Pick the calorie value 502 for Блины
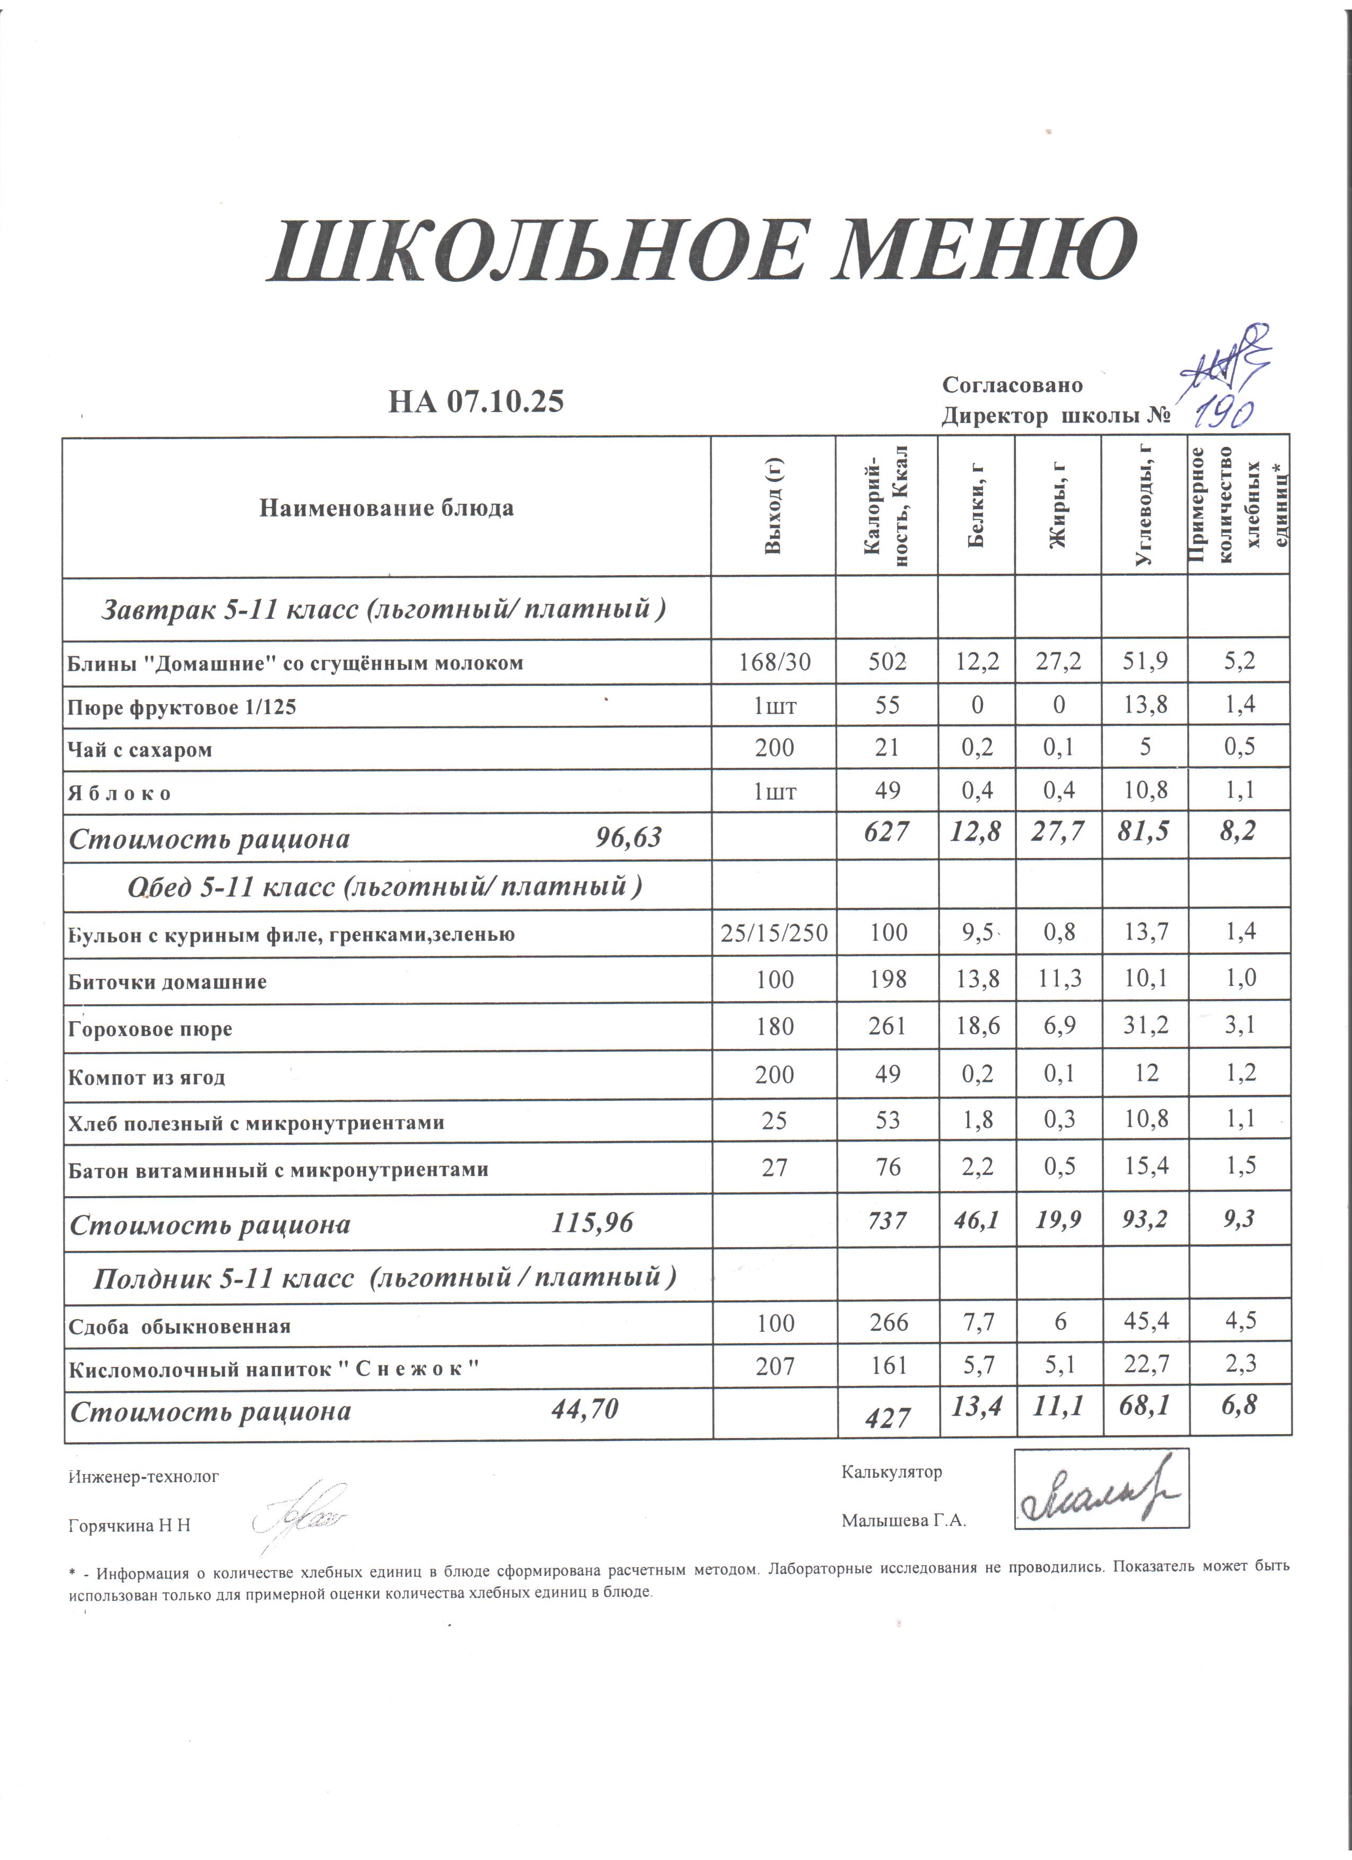click(887, 662)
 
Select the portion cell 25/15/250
click(774, 933)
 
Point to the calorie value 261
click(887, 1026)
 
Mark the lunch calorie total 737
click(887, 1221)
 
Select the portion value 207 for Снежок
click(775, 1367)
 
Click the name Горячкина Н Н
click(129, 1525)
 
